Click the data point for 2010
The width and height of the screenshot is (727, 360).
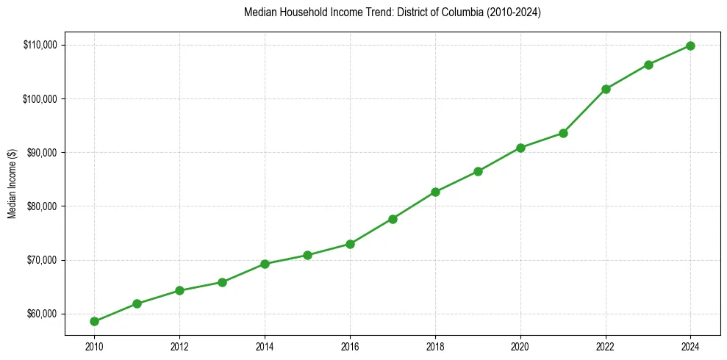point(94,321)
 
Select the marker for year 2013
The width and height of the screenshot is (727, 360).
point(222,282)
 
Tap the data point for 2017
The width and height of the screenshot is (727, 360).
point(393,219)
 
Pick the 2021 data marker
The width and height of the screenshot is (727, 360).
point(563,133)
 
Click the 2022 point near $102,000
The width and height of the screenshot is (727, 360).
point(606,89)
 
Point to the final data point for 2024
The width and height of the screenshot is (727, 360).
point(691,46)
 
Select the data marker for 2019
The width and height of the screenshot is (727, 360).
point(478,171)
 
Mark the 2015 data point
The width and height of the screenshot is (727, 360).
point(307,255)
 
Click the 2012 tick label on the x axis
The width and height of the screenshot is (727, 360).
point(179,345)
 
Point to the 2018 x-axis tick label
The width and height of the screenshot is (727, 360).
point(435,345)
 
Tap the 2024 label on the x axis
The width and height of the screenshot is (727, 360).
point(691,345)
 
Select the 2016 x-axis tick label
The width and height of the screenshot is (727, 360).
point(350,345)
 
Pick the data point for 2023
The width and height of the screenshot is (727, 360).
point(648,65)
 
